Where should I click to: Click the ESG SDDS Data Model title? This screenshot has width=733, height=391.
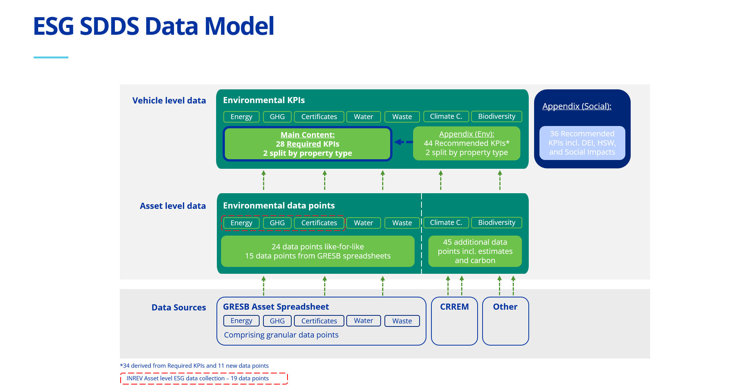[153, 26]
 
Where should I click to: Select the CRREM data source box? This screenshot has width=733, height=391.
[454, 321]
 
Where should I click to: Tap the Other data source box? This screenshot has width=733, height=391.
[505, 321]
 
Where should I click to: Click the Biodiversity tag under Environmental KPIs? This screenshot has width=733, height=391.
[496, 116]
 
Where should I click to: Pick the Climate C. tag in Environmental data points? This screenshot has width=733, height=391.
[446, 223]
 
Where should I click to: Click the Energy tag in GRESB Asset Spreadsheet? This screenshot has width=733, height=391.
[241, 321]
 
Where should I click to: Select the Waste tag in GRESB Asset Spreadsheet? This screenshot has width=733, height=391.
[402, 321]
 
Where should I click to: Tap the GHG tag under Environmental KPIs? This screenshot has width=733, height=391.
[277, 117]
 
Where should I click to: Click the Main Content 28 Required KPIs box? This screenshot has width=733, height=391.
[307, 144]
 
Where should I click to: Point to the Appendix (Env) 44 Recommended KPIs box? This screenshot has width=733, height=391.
[467, 143]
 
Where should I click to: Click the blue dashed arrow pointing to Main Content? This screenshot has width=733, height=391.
[404, 142]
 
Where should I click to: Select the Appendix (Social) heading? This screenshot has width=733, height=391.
[576, 106]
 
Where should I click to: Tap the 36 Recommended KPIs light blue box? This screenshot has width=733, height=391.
[582, 143]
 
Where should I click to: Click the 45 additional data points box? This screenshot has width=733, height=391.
[475, 251]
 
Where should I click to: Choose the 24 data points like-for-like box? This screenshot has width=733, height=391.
[318, 251]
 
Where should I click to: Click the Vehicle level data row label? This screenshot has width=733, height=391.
[169, 100]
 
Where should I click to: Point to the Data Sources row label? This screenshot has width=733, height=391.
[179, 307]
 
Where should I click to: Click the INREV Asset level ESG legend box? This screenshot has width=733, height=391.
[204, 378]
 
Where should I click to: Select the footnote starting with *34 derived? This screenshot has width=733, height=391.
[194, 366]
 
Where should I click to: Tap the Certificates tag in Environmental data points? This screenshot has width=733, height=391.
[319, 223]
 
